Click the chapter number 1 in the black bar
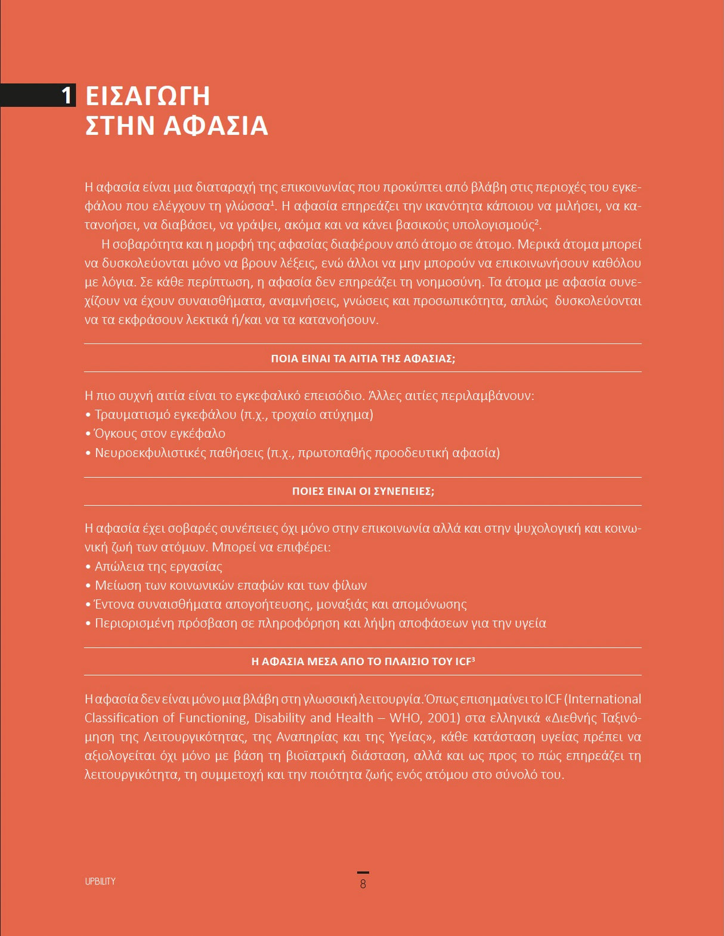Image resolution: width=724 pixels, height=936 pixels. [67, 95]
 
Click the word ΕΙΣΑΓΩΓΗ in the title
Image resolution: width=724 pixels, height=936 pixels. [148, 96]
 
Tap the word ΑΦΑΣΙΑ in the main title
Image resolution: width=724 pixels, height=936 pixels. [216, 126]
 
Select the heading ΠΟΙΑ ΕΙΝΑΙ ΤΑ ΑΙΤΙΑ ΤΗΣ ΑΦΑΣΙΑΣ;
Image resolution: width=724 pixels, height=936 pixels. [363, 359]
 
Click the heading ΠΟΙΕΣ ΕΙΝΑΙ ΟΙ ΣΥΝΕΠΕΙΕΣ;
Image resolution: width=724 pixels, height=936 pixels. [363, 492]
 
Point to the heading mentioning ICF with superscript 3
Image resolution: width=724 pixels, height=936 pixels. [363, 662]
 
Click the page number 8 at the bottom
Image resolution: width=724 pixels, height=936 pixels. [363, 884]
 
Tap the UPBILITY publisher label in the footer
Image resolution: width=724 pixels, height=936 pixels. [100, 881]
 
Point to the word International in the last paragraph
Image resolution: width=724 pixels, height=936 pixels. [602, 699]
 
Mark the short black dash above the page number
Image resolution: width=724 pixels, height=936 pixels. [363, 873]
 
